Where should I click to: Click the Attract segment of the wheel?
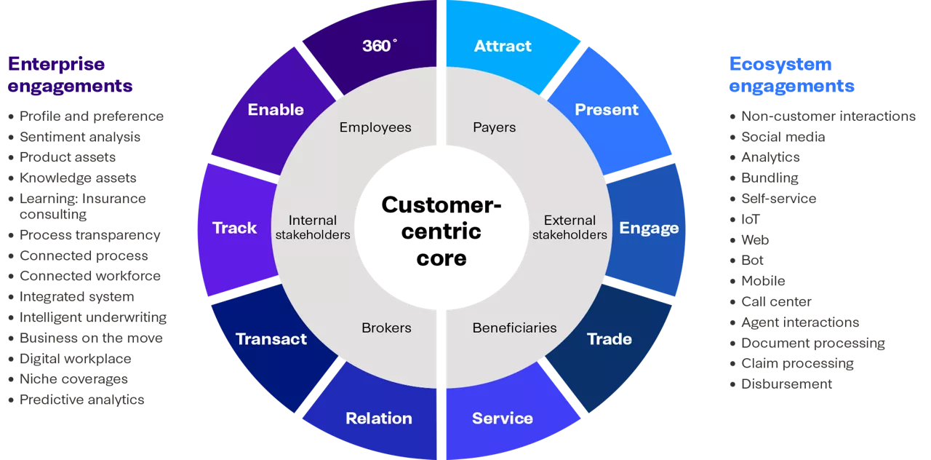pos(503,47)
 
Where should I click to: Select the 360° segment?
pos(380,47)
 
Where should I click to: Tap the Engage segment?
pos(648,229)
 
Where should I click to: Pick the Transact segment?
pos(271,339)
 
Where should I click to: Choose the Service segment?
pos(503,419)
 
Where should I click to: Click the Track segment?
pos(235,229)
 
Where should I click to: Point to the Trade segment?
pos(610,339)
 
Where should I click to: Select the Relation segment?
pos(379,419)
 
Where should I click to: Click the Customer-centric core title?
pos(441,231)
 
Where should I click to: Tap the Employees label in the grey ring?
pos(375,128)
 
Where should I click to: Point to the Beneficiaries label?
pos(514,328)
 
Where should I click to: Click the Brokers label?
pos(386,328)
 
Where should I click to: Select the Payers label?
pos(495,128)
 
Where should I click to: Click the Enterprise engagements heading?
pos(70,75)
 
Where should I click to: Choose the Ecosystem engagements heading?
pos(791,75)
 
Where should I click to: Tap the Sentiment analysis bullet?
pos(80,137)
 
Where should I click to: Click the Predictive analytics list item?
pos(81,400)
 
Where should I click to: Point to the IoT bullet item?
pos(751,219)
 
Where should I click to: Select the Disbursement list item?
pos(786,384)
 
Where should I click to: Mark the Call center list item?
pos(776,301)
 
